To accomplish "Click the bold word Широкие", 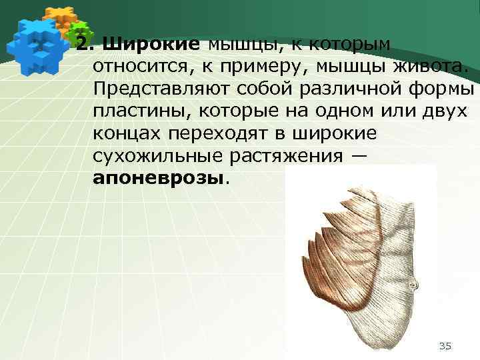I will [x=151, y=45].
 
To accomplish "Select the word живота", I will [x=432, y=67].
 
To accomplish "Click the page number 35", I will [x=445, y=345].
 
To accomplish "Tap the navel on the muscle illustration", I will [x=414, y=283].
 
